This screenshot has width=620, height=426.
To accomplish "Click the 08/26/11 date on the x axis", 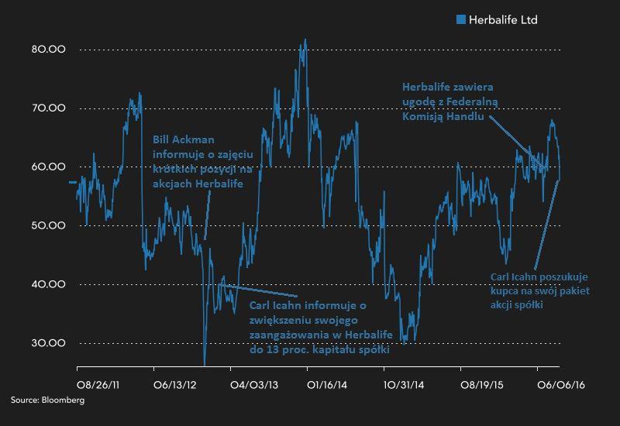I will pos(98,383).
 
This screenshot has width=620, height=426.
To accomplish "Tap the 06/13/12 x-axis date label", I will pos(175,383).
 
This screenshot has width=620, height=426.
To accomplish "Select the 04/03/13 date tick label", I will pos(252,383).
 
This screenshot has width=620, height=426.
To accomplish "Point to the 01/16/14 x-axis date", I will pos(329,383).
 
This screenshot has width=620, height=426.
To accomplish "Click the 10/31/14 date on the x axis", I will pos(405,383).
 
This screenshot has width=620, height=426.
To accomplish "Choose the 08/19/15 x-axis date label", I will pos(482,383).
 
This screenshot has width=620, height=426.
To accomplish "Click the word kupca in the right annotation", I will pos(506,290).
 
